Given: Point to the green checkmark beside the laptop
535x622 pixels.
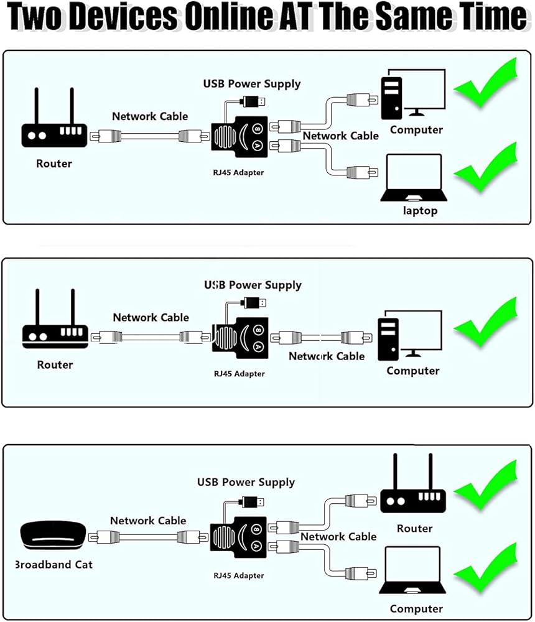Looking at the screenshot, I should [486, 167].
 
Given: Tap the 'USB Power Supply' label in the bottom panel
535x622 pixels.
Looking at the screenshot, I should [246, 482].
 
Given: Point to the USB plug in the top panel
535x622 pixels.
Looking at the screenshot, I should [255, 101].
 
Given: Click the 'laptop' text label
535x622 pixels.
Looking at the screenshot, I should [420, 211].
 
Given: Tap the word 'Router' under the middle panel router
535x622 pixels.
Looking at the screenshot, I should [55, 365].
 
